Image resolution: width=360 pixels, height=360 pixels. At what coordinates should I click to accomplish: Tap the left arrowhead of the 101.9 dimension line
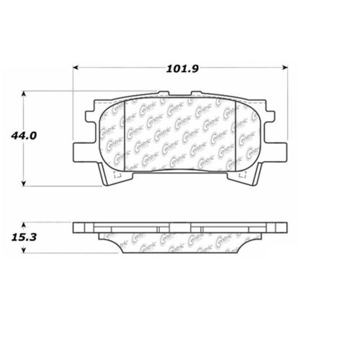click(76, 68)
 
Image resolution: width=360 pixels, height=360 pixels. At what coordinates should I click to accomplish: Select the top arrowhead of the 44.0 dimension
click(25, 94)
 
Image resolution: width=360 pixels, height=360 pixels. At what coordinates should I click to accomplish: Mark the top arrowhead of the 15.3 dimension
click(25, 225)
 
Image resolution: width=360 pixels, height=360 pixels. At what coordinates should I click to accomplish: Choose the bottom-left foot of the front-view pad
click(109, 176)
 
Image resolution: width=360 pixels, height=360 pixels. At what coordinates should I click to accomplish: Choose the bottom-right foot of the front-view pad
click(252, 176)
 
